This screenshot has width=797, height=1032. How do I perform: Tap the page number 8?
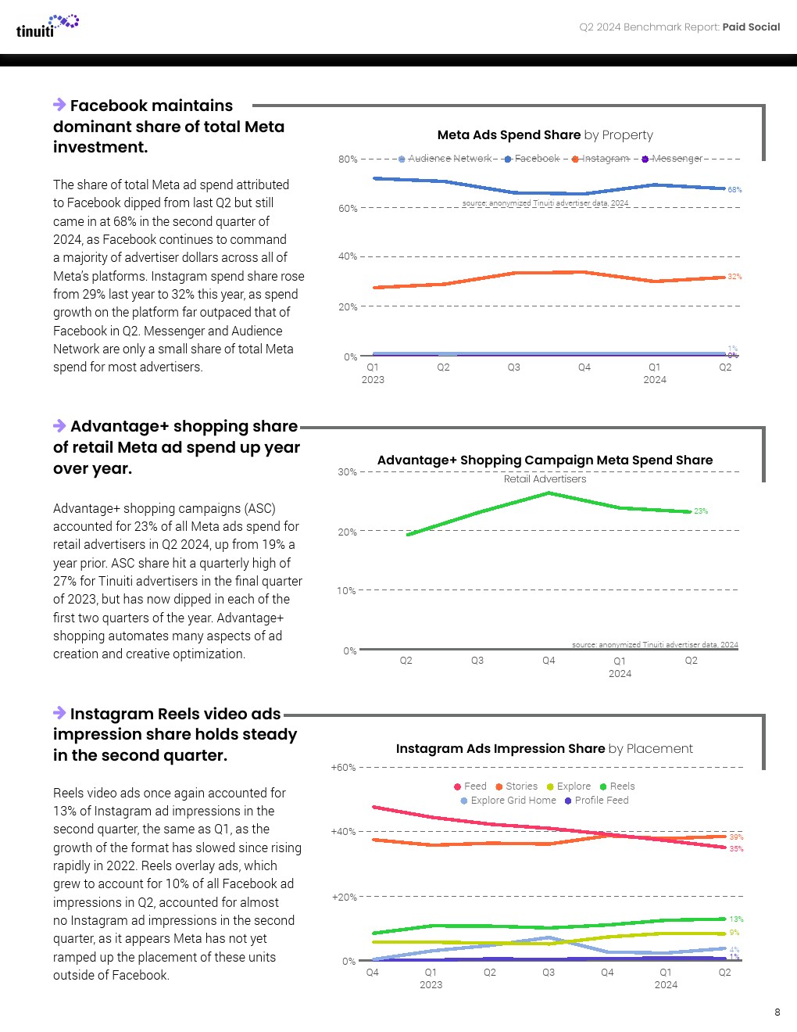pos(777,1012)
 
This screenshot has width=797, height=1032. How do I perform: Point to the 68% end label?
pos(734,190)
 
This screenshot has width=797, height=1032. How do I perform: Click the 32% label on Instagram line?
pos(734,277)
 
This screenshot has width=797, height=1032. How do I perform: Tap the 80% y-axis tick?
pos(348,159)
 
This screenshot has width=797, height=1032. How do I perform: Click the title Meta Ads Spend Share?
pos(509,134)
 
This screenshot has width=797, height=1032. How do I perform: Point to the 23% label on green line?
pos(701,511)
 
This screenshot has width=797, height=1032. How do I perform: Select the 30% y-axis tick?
pos(347,472)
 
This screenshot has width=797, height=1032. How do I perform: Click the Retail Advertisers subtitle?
pos(545,478)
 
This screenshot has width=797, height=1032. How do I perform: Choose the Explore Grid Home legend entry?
pos(508,801)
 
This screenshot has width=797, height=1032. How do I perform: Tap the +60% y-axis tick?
pos(344,768)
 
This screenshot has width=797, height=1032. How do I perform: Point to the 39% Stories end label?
pos(736,837)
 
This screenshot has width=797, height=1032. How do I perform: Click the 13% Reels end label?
pos(736,919)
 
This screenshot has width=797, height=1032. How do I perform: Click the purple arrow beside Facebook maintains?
pos(59,105)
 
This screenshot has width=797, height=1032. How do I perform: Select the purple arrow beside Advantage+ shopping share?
pos(59,425)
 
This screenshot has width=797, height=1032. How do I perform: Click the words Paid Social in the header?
pos(751,27)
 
